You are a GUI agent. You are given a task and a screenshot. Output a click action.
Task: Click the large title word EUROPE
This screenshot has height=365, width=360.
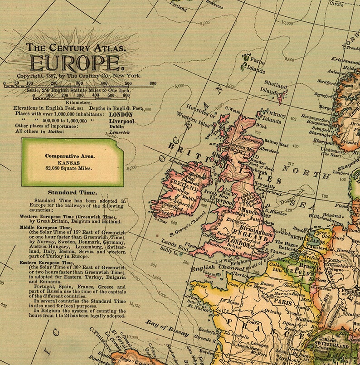tap(75, 62)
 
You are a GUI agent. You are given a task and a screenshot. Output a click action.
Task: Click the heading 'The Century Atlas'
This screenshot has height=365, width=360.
tap(75, 47)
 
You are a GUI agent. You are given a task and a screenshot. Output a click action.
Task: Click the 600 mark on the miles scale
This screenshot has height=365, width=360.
tap(153, 83)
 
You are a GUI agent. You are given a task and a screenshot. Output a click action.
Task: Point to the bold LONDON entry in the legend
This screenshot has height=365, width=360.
tap(121, 115)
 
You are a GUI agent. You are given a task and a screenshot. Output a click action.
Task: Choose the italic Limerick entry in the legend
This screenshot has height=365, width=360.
tap(119, 132)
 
